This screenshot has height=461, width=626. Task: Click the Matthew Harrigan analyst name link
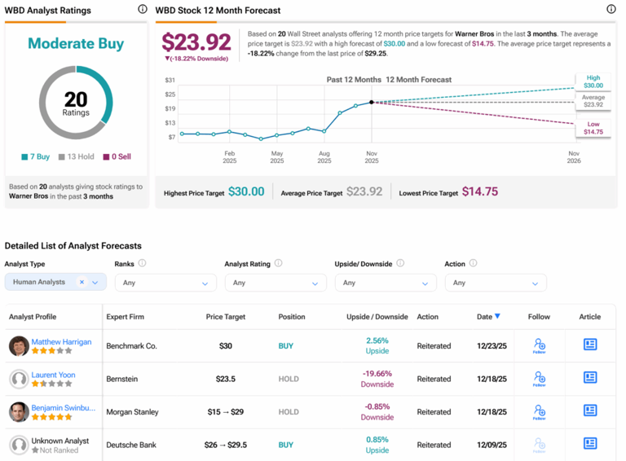pyautogui.click(x=61, y=342)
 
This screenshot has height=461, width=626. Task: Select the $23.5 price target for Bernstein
pyautogui.click(x=226, y=379)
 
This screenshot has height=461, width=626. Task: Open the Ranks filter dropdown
pyautogui.click(x=165, y=283)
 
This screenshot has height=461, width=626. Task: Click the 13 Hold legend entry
pyautogui.click(x=77, y=156)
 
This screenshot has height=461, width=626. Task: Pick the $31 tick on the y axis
pyautogui.click(x=170, y=80)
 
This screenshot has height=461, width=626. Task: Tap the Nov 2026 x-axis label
pyautogui.click(x=573, y=157)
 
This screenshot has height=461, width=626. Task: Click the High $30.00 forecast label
pyautogui.click(x=593, y=81)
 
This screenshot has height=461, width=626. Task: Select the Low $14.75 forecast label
pyautogui.click(x=593, y=127)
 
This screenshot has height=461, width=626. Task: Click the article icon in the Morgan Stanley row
pyautogui.click(x=590, y=411)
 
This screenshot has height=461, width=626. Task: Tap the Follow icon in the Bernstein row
pyautogui.click(x=539, y=379)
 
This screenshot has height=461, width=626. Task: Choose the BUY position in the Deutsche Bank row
pyautogui.click(x=286, y=445)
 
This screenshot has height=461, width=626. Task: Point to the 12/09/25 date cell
pyautogui.click(x=492, y=445)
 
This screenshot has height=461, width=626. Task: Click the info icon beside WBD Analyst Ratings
pyautogui.click(x=143, y=10)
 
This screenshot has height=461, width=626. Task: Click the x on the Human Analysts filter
pyautogui.click(x=82, y=283)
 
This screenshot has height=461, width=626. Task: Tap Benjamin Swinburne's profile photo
pyautogui.click(x=19, y=411)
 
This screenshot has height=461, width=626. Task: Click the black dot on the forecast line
pyautogui.click(x=372, y=102)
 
